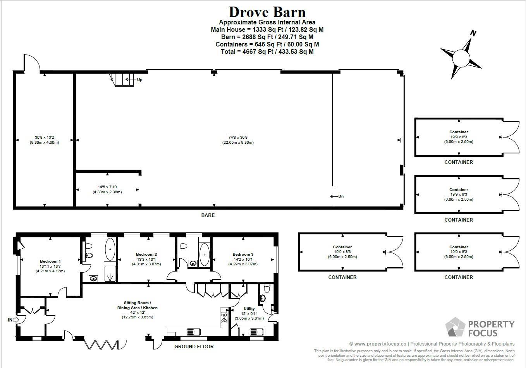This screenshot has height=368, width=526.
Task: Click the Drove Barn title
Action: (x=267, y=12)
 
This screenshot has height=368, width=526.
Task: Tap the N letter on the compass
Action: (x=473, y=33)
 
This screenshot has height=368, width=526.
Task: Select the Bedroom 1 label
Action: (x=50, y=261)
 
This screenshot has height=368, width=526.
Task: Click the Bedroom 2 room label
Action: (x=146, y=255)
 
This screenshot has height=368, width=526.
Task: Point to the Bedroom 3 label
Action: (x=243, y=255)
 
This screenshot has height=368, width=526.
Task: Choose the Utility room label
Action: (x=249, y=309)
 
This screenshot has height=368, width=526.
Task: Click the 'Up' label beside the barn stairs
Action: (x=139, y=80)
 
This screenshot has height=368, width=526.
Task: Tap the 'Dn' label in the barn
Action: (x=341, y=196)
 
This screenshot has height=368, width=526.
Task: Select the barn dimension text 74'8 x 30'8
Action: (x=241, y=137)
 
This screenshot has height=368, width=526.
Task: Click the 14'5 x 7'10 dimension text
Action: (x=107, y=187)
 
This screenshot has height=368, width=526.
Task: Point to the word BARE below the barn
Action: (x=208, y=215)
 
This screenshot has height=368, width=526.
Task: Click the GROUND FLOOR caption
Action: (x=194, y=346)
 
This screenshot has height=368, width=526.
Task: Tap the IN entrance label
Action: (x=10, y=320)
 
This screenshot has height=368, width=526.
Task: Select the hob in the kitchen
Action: (x=224, y=318)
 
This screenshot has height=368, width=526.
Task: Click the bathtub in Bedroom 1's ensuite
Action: (x=110, y=248)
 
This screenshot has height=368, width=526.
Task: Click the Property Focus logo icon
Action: (x=455, y=327)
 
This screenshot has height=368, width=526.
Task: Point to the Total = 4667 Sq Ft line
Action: (x=267, y=52)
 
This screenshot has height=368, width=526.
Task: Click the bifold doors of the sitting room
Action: (x=101, y=344)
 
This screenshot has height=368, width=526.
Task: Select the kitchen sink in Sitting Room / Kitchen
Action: (x=193, y=332)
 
